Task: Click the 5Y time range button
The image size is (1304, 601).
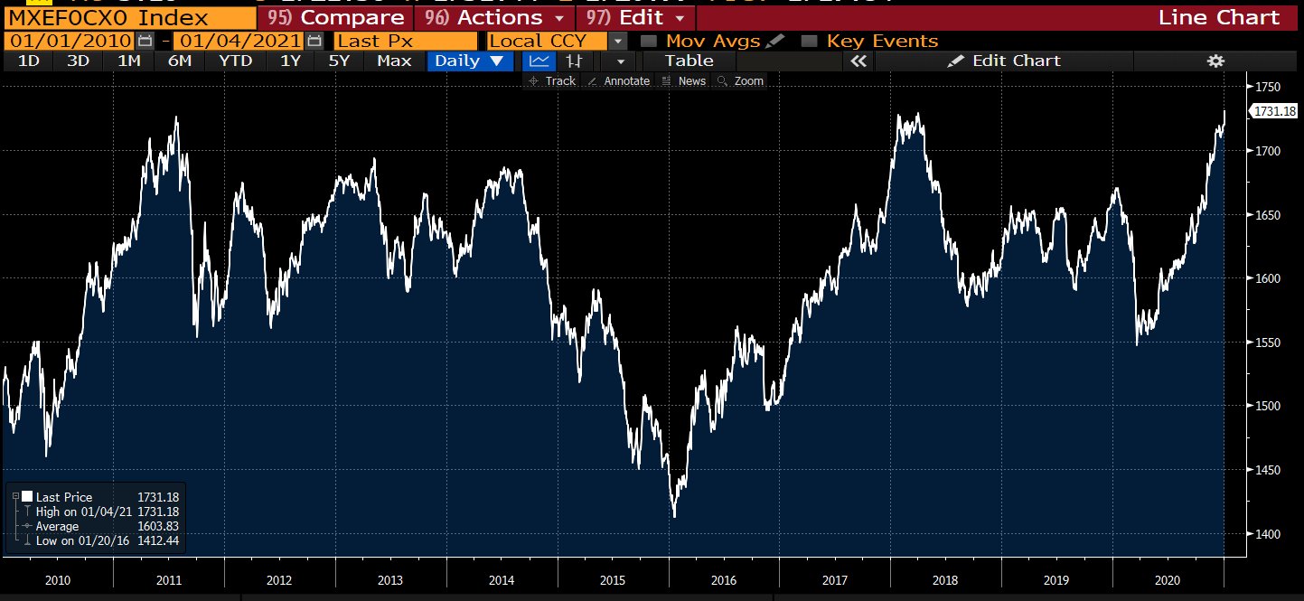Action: point(339,61)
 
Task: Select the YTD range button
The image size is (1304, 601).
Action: point(234,61)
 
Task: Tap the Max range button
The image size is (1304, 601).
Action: point(394,61)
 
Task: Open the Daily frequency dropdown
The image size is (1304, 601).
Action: point(469,61)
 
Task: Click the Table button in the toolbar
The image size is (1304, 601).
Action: point(689,61)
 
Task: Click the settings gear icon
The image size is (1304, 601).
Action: point(1215,61)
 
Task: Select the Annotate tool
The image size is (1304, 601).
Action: point(619,81)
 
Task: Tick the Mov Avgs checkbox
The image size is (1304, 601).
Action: point(647,41)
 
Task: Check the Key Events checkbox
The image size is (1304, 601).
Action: point(809,41)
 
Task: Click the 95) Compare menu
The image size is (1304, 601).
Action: point(336,17)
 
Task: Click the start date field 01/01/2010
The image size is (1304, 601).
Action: point(69,41)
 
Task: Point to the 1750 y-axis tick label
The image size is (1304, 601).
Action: point(1270,87)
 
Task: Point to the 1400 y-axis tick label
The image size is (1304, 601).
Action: point(1270,534)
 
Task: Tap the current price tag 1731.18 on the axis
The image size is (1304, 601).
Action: point(1274,111)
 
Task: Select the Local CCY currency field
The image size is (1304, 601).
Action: point(548,41)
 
